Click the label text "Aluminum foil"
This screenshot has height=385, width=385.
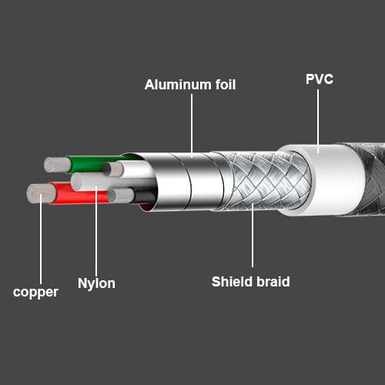point(190,85)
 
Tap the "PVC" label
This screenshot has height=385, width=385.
point(320,79)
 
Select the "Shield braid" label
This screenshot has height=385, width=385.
point(251,282)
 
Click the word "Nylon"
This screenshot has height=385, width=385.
point(96,283)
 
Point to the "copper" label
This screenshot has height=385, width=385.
point(35,293)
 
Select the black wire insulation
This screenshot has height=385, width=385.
point(144,196)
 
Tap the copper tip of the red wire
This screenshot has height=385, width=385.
point(41,194)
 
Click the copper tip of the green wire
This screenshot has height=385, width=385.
point(57,165)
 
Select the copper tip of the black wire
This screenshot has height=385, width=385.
point(120,196)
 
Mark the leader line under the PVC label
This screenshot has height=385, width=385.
point(318,121)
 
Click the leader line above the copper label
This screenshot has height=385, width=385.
point(41,239)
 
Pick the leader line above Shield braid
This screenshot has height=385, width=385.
point(253,236)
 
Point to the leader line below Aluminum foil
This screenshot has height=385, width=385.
point(192,126)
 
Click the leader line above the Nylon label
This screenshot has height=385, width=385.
point(96,231)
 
